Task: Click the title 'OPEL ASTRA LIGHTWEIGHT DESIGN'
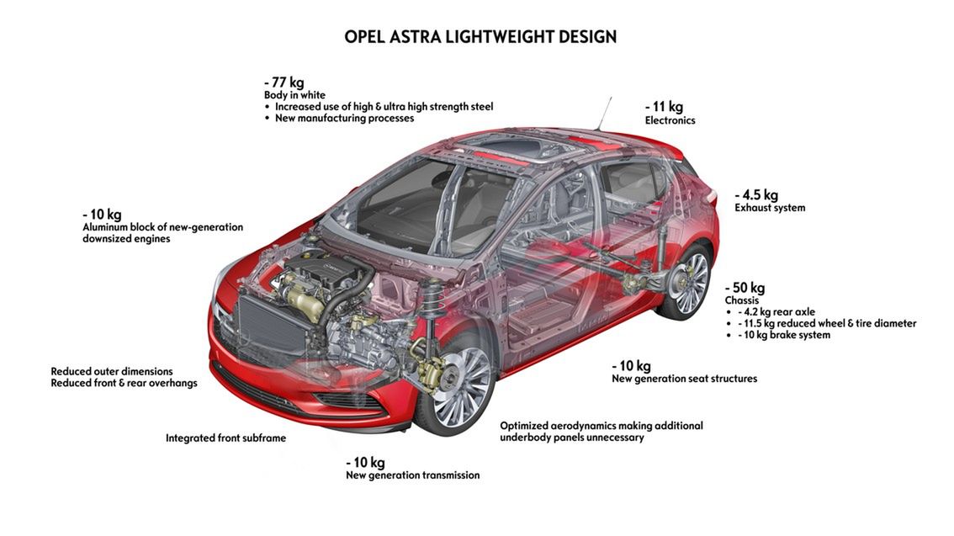pos(480,37)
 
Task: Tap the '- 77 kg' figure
pos(284,82)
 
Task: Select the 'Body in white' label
pos(294,95)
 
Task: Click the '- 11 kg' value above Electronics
pos(664,107)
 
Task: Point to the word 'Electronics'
pos(670,120)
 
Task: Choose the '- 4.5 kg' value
pos(756,194)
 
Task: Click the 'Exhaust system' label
pos(770,208)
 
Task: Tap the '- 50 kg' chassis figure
pos(745,288)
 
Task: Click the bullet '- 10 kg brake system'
pos(783,335)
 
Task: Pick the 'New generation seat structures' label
pos(684,379)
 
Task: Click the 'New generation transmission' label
pos(412,475)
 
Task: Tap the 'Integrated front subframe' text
pos(225,438)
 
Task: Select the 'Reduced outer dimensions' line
pos(112,371)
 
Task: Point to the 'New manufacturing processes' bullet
pos(344,119)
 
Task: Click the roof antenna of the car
pos(604,114)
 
